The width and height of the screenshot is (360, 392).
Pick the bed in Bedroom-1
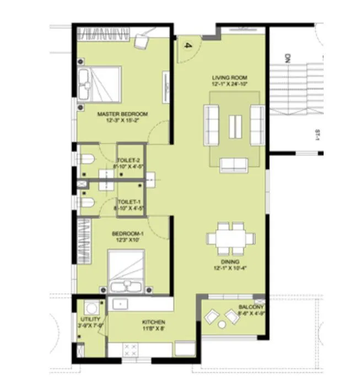point(128,273)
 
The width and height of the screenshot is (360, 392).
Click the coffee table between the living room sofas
point(233,123)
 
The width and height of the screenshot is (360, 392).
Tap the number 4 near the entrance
point(187,46)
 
